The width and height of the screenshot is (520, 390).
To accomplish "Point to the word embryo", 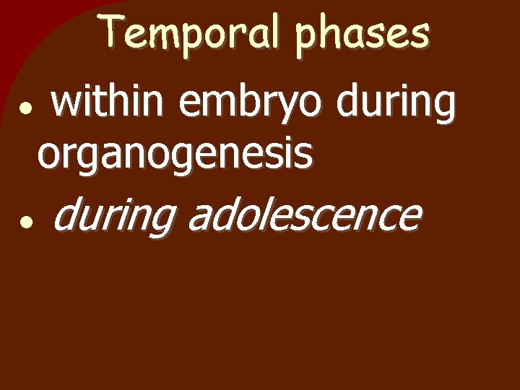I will (252, 105).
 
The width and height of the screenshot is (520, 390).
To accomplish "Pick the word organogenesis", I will (175, 155).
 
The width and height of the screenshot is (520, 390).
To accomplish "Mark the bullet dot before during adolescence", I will (25, 223).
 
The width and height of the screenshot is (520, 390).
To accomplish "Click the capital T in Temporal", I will (112, 32).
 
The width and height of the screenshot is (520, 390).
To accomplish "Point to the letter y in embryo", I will (292, 109).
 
